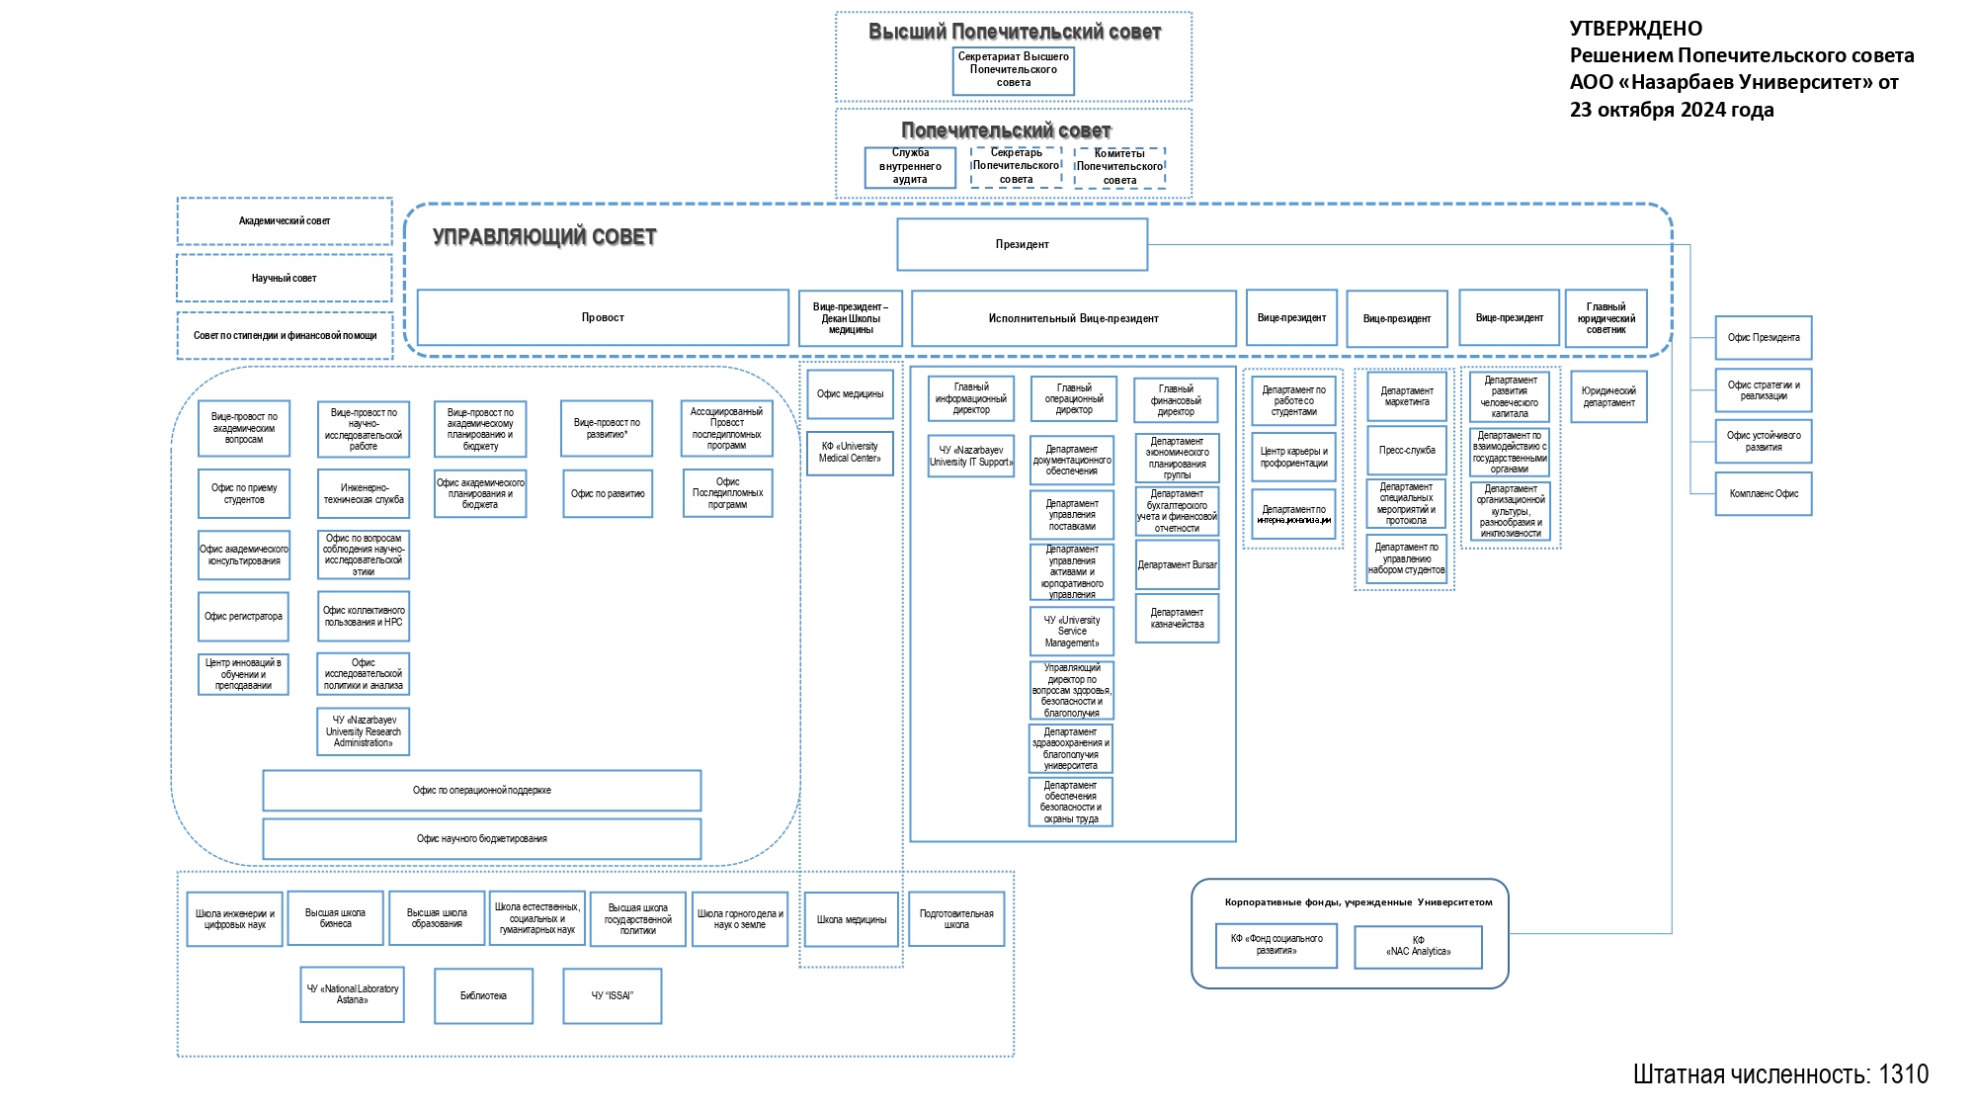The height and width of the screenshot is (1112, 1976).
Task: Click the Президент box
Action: [1022, 244]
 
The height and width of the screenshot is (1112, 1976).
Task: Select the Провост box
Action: [603, 317]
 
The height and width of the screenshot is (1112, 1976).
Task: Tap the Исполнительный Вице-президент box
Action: [1073, 318]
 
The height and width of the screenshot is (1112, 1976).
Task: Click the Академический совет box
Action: [285, 221]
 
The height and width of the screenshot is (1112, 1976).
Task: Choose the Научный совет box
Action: [285, 279]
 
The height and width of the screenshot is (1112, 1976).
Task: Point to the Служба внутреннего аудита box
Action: [910, 167]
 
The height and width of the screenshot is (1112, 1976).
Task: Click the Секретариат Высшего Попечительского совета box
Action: [1013, 70]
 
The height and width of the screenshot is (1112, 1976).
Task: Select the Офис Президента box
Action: [1764, 338]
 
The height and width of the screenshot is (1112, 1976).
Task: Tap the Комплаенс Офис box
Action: [1764, 494]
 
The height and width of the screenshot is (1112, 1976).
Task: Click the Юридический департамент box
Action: [1608, 396]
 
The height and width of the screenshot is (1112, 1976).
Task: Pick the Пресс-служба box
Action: [1407, 451]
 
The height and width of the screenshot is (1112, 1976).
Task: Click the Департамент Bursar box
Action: [1177, 565]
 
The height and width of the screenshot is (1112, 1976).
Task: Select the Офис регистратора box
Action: [243, 617]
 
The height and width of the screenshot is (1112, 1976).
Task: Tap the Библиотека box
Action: [483, 996]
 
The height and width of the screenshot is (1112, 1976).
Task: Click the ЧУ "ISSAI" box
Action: [612, 996]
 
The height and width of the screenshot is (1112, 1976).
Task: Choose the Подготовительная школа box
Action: [956, 919]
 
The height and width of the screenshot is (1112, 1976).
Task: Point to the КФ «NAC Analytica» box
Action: [1418, 947]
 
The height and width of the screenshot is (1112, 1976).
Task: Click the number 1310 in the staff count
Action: [1903, 1074]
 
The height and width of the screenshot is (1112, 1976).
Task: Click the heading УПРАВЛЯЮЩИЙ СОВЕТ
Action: [544, 237]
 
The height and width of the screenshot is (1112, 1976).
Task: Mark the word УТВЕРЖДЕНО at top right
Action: [1636, 29]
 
